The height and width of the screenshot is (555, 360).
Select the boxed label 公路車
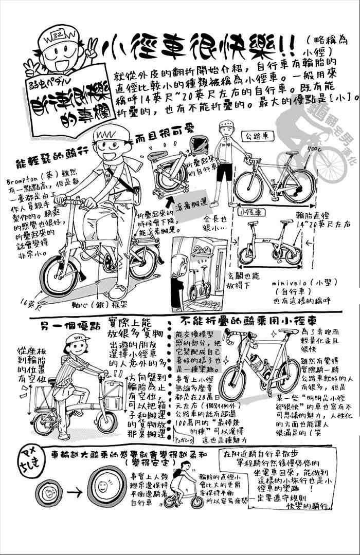pos(255,136)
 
